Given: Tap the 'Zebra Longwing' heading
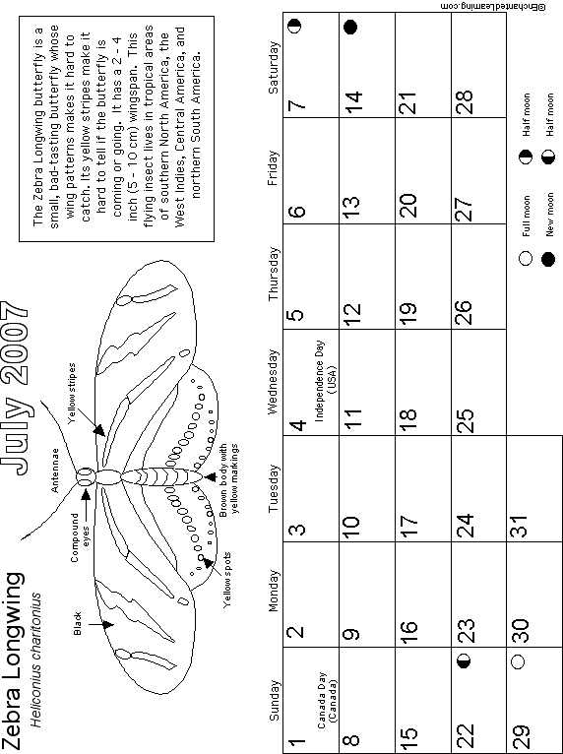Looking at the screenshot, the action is (12, 661).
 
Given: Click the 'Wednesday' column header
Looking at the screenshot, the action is (273, 382).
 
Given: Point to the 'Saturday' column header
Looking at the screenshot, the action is (273, 68).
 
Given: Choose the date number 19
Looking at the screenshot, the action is (407, 314).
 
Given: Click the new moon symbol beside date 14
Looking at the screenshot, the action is (351, 27).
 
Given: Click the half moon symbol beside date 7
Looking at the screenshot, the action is (295, 26).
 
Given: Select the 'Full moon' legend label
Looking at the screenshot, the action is (527, 217).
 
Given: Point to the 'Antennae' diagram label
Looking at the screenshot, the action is (55, 471).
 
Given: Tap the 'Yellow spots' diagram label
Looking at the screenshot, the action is (227, 580).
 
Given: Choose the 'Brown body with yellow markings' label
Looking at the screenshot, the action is (228, 480).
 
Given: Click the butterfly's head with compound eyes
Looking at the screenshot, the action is (85, 477).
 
